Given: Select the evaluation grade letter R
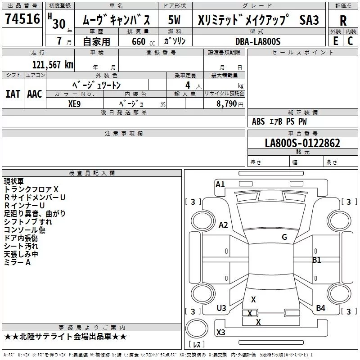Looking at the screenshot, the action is tap(343, 20).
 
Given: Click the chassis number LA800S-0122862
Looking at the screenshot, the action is tap(302, 144).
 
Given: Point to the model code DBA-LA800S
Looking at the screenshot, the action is tap(258, 41).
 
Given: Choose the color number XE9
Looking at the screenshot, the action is tap(75, 103).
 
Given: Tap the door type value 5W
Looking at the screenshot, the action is tap(175, 20).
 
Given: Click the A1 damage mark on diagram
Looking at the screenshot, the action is tap(220, 184).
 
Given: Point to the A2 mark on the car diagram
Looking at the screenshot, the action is tap(223, 225).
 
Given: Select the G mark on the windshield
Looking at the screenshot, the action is tap(284, 237).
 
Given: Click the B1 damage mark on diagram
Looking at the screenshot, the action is tap(317, 260).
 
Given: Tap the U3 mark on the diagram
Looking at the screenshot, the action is tap(221, 308).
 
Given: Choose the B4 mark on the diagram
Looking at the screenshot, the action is tap(320, 308).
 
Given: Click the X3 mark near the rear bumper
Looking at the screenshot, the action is tap(221, 333).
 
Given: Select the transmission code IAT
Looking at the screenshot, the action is tap(13, 94).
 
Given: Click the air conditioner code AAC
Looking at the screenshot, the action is tap(34, 94).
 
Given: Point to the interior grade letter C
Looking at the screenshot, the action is tap(350, 40).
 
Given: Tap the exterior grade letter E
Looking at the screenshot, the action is tap(335, 40).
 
